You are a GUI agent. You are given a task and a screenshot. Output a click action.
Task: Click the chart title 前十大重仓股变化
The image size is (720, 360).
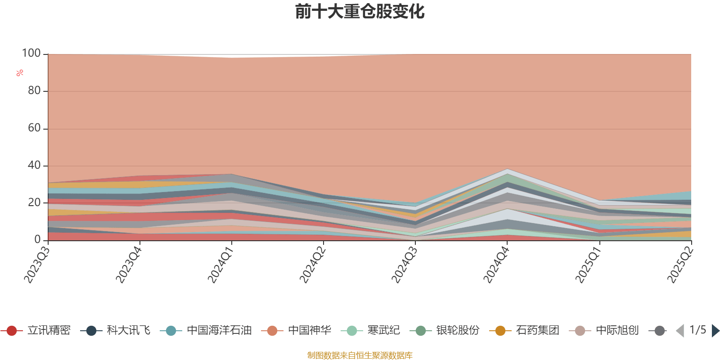coord(360,12)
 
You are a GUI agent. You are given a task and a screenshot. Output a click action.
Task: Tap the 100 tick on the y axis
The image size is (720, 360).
coord(31,54)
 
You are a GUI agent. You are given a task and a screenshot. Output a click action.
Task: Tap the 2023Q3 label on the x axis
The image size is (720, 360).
coord(36,265)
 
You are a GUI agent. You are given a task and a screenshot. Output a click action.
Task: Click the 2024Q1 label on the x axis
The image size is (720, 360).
coord(220,265)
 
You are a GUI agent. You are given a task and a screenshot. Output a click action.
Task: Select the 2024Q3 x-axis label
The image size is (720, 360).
coord(404,265)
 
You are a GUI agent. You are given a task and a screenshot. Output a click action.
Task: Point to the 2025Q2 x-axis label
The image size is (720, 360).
coord(679,265)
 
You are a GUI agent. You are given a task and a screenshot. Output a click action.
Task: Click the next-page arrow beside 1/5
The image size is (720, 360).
coord(715,331)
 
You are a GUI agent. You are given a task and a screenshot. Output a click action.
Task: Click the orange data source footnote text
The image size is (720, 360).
coord(360,355)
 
